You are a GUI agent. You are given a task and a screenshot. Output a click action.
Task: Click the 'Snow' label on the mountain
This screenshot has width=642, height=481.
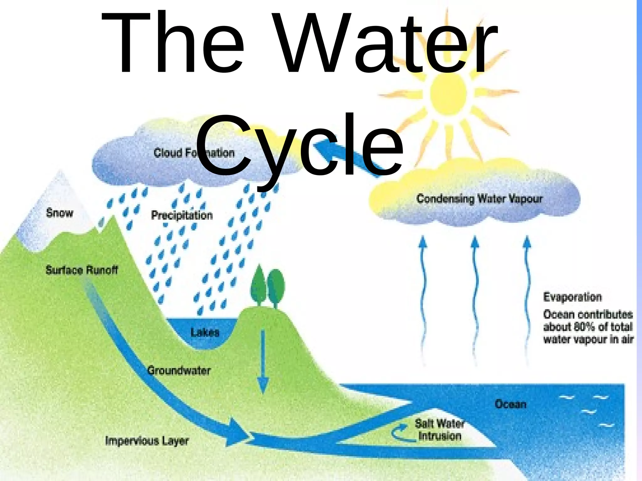pos(59,213)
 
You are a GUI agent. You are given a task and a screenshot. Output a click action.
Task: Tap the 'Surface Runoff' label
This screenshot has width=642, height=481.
pos(82,270)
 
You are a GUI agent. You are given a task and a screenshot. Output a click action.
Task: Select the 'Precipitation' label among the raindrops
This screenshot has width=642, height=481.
pos(182,215)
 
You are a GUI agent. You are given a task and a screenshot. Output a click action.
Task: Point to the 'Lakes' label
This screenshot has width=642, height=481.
pos(205,332)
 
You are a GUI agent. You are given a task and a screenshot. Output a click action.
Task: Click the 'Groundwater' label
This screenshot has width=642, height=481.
pos(179,370)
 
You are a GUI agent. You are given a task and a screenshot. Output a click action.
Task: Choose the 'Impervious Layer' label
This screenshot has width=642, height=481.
pos(147,441)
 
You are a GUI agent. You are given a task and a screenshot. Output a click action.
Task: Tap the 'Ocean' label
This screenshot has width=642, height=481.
pos(510,404)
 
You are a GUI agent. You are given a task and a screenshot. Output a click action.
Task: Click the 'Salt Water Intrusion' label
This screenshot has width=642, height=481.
pos(439,430)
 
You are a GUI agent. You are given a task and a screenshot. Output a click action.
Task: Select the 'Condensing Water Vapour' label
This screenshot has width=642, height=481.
pos(479,199)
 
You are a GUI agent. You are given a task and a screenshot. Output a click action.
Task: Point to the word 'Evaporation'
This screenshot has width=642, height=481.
pos(572,297)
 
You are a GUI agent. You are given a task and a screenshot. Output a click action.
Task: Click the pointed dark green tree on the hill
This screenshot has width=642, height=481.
pos(259,283)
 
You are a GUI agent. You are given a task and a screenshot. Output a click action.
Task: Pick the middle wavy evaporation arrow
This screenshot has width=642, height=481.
pos(475,297)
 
